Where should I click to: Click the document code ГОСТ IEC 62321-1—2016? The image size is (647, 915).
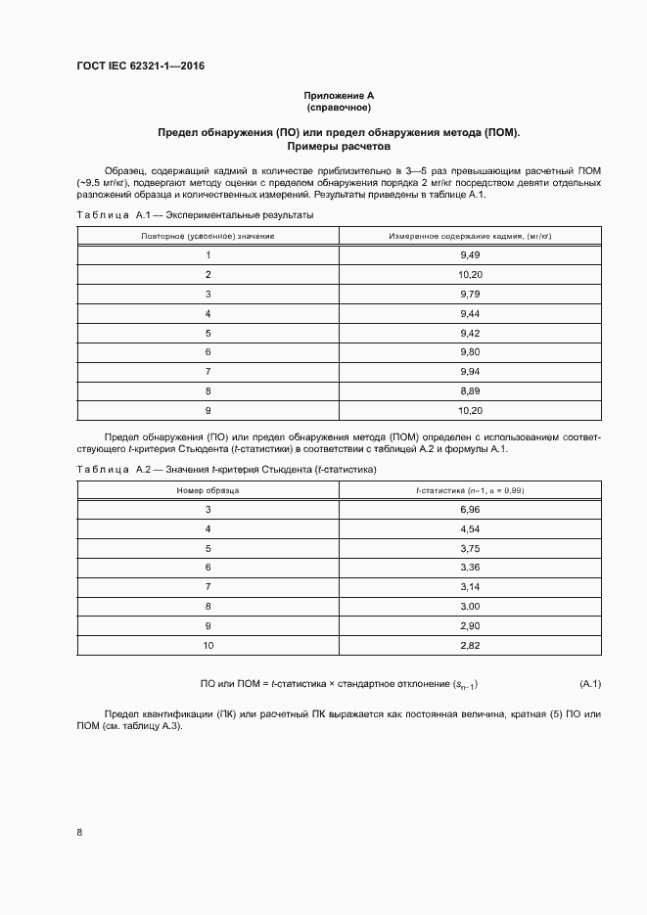(140, 67)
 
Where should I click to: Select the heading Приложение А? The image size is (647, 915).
(339, 96)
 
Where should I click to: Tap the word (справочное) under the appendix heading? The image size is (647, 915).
(339, 108)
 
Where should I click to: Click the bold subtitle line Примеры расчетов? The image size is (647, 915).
(339, 147)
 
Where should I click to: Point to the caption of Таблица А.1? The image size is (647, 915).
(196, 214)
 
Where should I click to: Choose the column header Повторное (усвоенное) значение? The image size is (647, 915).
(208, 236)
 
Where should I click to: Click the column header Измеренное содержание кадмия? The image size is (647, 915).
(470, 236)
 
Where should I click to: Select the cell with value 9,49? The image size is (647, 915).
(470, 255)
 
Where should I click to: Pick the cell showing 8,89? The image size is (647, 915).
(470, 389)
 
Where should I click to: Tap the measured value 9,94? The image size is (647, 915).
(470, 371)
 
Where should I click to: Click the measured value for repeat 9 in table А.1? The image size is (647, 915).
(470, 409)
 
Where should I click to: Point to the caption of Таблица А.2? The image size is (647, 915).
(226, 470)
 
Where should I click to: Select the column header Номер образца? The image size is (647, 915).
(208, 490)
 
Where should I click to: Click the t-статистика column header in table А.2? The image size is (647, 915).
(470, 490)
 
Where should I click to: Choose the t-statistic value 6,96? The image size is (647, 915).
(470, 510)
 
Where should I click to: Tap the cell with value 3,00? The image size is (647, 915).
(470, 606)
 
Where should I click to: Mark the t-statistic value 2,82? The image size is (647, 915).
(470, 645)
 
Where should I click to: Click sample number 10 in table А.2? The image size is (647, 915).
(208, 645)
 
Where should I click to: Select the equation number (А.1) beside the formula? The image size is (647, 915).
(589, 683)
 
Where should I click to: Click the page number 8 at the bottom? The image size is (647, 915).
(78, 833)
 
